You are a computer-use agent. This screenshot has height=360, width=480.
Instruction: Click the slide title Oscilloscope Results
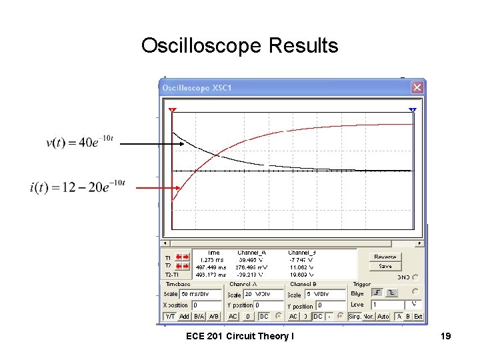click(x=239, y=45)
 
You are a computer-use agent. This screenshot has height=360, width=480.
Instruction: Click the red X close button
click(x=417, y=87)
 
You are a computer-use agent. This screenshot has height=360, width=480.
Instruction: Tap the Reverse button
click(x=385, y=257)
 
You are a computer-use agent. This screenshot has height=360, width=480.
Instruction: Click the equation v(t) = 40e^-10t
click(x=80, y=142)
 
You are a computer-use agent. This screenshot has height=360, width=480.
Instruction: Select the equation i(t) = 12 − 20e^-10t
click(x=77, y=187)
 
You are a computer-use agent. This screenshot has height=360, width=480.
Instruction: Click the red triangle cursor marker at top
click(x=173, y=109)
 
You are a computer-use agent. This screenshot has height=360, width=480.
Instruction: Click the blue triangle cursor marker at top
click(x=413, y=109)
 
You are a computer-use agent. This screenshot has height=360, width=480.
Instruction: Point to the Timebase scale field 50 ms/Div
click(x=200, y=294)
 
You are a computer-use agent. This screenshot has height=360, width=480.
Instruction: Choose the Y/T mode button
click(x=170, y=316)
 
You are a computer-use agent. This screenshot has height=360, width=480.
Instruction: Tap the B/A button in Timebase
click(x=199, y=316)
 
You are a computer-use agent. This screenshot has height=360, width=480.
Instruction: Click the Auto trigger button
click(x=383, y=316)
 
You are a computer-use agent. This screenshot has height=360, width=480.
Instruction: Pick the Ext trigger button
click(x=418, y=316)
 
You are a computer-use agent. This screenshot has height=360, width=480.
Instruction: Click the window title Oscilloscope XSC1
click(x=195, y=87)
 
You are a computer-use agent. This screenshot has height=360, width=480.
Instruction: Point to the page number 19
click(x=445, y=336)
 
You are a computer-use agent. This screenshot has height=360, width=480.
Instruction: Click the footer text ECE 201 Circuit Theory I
click(x=239, y=336)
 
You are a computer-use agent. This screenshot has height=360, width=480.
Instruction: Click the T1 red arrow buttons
click(x=182, y=257)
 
